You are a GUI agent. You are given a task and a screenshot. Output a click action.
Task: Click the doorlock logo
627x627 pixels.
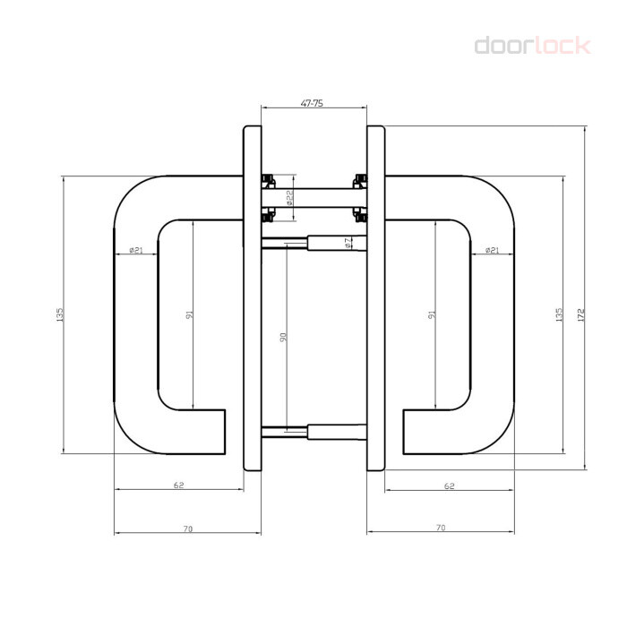coord(533,46)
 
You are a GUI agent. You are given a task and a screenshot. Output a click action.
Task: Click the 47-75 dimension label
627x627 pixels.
coord(312,103)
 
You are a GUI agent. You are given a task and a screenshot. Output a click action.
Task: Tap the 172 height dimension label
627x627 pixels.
coord(581,314)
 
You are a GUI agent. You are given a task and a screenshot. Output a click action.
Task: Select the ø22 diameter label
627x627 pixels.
coord(290,198)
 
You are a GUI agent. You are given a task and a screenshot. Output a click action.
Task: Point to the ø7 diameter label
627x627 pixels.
coord(348,243)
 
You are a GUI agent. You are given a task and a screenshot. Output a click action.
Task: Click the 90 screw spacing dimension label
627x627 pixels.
coord(283,337)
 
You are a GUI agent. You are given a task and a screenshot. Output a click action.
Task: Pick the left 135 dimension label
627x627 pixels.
coord(60,314)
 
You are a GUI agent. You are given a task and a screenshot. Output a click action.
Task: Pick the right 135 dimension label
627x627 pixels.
coord(559,314)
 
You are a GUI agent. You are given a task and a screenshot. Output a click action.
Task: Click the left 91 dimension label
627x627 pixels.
coord(190,314)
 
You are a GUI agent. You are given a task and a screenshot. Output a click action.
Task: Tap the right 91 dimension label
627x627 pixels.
coord(432,314)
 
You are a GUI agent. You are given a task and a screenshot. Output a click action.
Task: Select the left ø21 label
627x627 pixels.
coord(136,250)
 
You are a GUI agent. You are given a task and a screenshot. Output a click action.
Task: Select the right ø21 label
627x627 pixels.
coord(493,250)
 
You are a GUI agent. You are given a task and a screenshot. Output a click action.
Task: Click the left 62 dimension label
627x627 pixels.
coord(179,485)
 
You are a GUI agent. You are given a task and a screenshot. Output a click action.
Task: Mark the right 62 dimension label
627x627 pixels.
coord(450,485)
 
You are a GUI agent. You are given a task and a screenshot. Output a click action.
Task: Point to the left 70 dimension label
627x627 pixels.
coord(188,528)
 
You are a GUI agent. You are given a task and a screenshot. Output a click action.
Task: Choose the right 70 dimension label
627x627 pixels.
coord(441,528)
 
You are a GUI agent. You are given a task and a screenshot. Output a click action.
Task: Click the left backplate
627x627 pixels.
coord(253,298)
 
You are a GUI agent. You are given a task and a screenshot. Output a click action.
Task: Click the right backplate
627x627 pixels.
coord(376,298)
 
